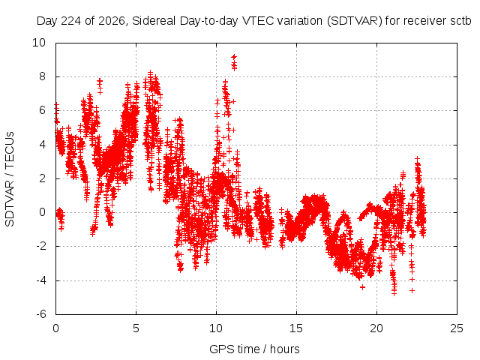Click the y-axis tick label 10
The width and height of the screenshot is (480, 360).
(x=39, y=43)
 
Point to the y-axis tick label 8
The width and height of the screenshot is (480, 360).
(x=42, y=76)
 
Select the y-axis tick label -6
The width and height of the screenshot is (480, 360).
(x=40, y=314)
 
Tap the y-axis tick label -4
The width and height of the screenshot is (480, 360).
(x=40, y=280)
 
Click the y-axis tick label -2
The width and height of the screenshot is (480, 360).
(x=40, y=246)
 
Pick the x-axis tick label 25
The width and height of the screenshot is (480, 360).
(x=457, y=328)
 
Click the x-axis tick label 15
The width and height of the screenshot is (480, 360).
(x=296, y=328)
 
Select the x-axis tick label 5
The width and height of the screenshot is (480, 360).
(x=136, y=328)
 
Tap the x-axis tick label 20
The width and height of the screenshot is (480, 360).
(x=376, y=328)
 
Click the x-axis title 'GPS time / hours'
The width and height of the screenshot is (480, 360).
(x=254, y=349)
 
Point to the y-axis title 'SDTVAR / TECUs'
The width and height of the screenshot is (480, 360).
(x=10, y=179)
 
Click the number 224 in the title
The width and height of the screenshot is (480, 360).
(x=71, y=21)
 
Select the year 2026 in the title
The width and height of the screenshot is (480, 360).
(x=112, y=21)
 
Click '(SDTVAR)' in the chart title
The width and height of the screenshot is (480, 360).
(x=355, y=21)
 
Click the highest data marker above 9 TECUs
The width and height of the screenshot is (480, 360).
(x=234, y=57)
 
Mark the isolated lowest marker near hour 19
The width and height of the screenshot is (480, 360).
(x=363, y=287)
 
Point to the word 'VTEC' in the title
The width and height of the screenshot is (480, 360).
(x=255, y=21)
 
